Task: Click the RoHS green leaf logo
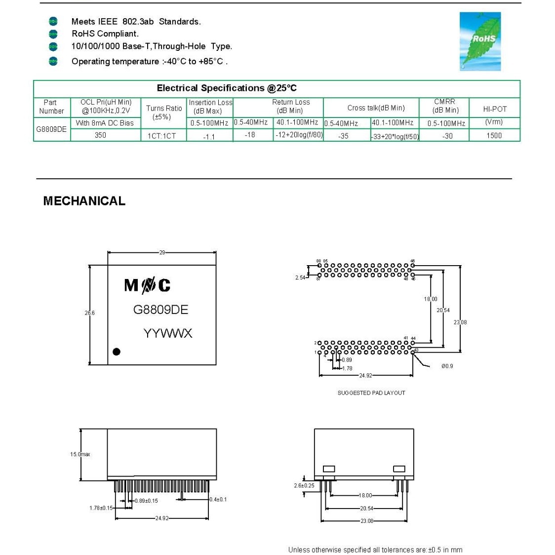(480, 41)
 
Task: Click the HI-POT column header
(494, 109)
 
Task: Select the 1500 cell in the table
(494, 135)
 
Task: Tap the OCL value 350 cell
(100, 135)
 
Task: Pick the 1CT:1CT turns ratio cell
(162, 136)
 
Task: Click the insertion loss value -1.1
(209, 136)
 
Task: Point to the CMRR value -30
(447, 136)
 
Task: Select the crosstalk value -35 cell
(343, 136)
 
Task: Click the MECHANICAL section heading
(84, 201)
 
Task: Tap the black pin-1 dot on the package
(117, 352)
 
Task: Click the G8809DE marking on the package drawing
(160, 310)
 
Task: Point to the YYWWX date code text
(167, 333)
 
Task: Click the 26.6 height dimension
(89, 313)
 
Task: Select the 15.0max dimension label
(80, 454)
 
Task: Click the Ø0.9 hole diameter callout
(447, 366)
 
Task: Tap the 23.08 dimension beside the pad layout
(460, 322)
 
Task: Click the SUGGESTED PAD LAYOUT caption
(371, 393)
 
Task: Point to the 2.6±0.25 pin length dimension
(304, 485)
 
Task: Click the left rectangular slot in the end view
(329, 469)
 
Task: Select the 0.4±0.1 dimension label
(218, 499)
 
